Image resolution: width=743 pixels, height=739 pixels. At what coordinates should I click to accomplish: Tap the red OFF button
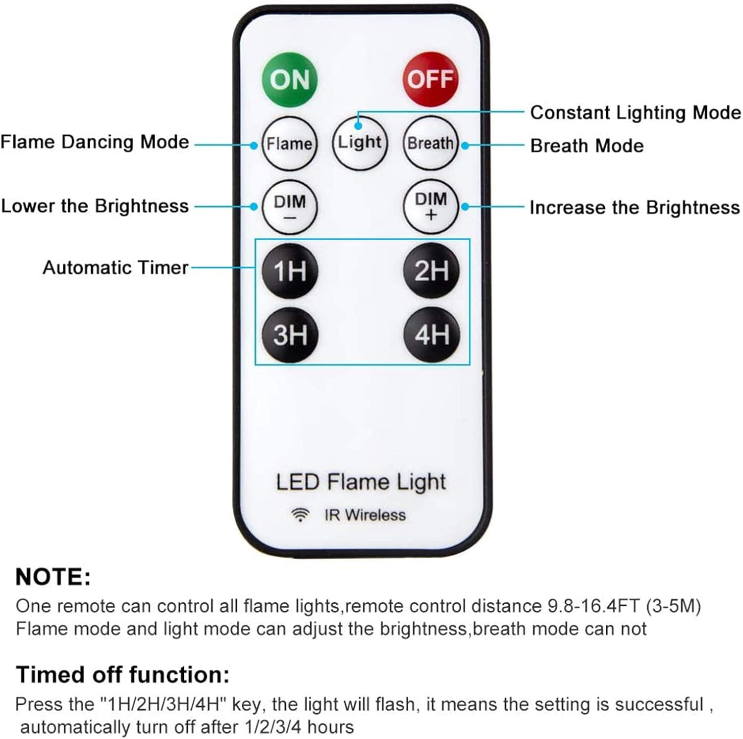[430, 79]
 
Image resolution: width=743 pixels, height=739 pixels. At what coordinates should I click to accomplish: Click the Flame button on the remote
[289, 144]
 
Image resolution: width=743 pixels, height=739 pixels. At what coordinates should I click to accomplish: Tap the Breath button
[430, 144]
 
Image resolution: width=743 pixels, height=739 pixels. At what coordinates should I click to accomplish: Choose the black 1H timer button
[290, 271]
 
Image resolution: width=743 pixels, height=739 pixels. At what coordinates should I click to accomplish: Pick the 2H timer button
[431, 271]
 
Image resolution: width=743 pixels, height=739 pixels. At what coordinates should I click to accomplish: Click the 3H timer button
[290, 335]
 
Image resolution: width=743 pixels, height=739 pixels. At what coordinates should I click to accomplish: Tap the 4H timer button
[431, 335]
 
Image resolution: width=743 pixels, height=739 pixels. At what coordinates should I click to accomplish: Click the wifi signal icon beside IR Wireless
[300, 515]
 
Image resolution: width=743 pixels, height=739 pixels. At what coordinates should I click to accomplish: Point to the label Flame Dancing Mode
[95, 142]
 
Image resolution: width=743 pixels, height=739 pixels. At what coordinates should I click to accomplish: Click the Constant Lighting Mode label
[636, 113]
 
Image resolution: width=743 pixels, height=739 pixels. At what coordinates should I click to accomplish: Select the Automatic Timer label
[115, 268]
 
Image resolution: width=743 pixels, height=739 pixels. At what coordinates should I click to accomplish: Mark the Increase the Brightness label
[635, 208]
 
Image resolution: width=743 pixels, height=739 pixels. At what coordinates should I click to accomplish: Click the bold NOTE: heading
[53, 578]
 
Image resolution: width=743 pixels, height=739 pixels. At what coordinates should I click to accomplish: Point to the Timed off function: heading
[123, 675]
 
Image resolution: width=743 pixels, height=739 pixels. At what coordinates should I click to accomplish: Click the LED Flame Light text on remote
[361, 482]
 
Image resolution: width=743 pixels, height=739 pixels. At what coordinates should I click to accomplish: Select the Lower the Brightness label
[95, 206]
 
